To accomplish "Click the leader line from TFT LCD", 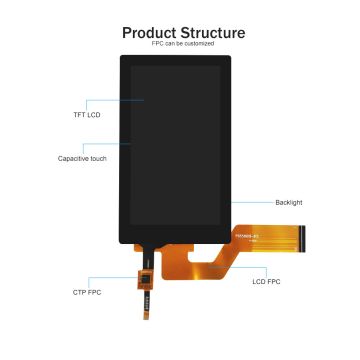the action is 114,101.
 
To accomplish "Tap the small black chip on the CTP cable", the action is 145,280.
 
